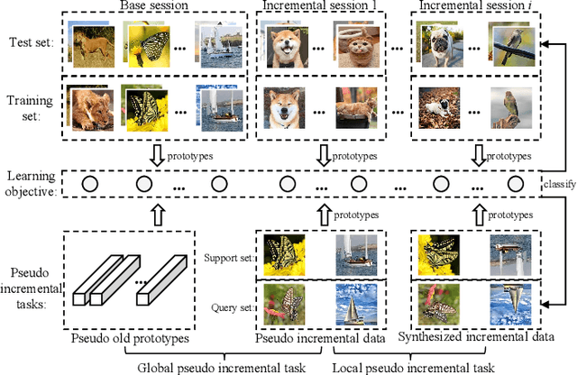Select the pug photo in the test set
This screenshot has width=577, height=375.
point(438,47)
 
